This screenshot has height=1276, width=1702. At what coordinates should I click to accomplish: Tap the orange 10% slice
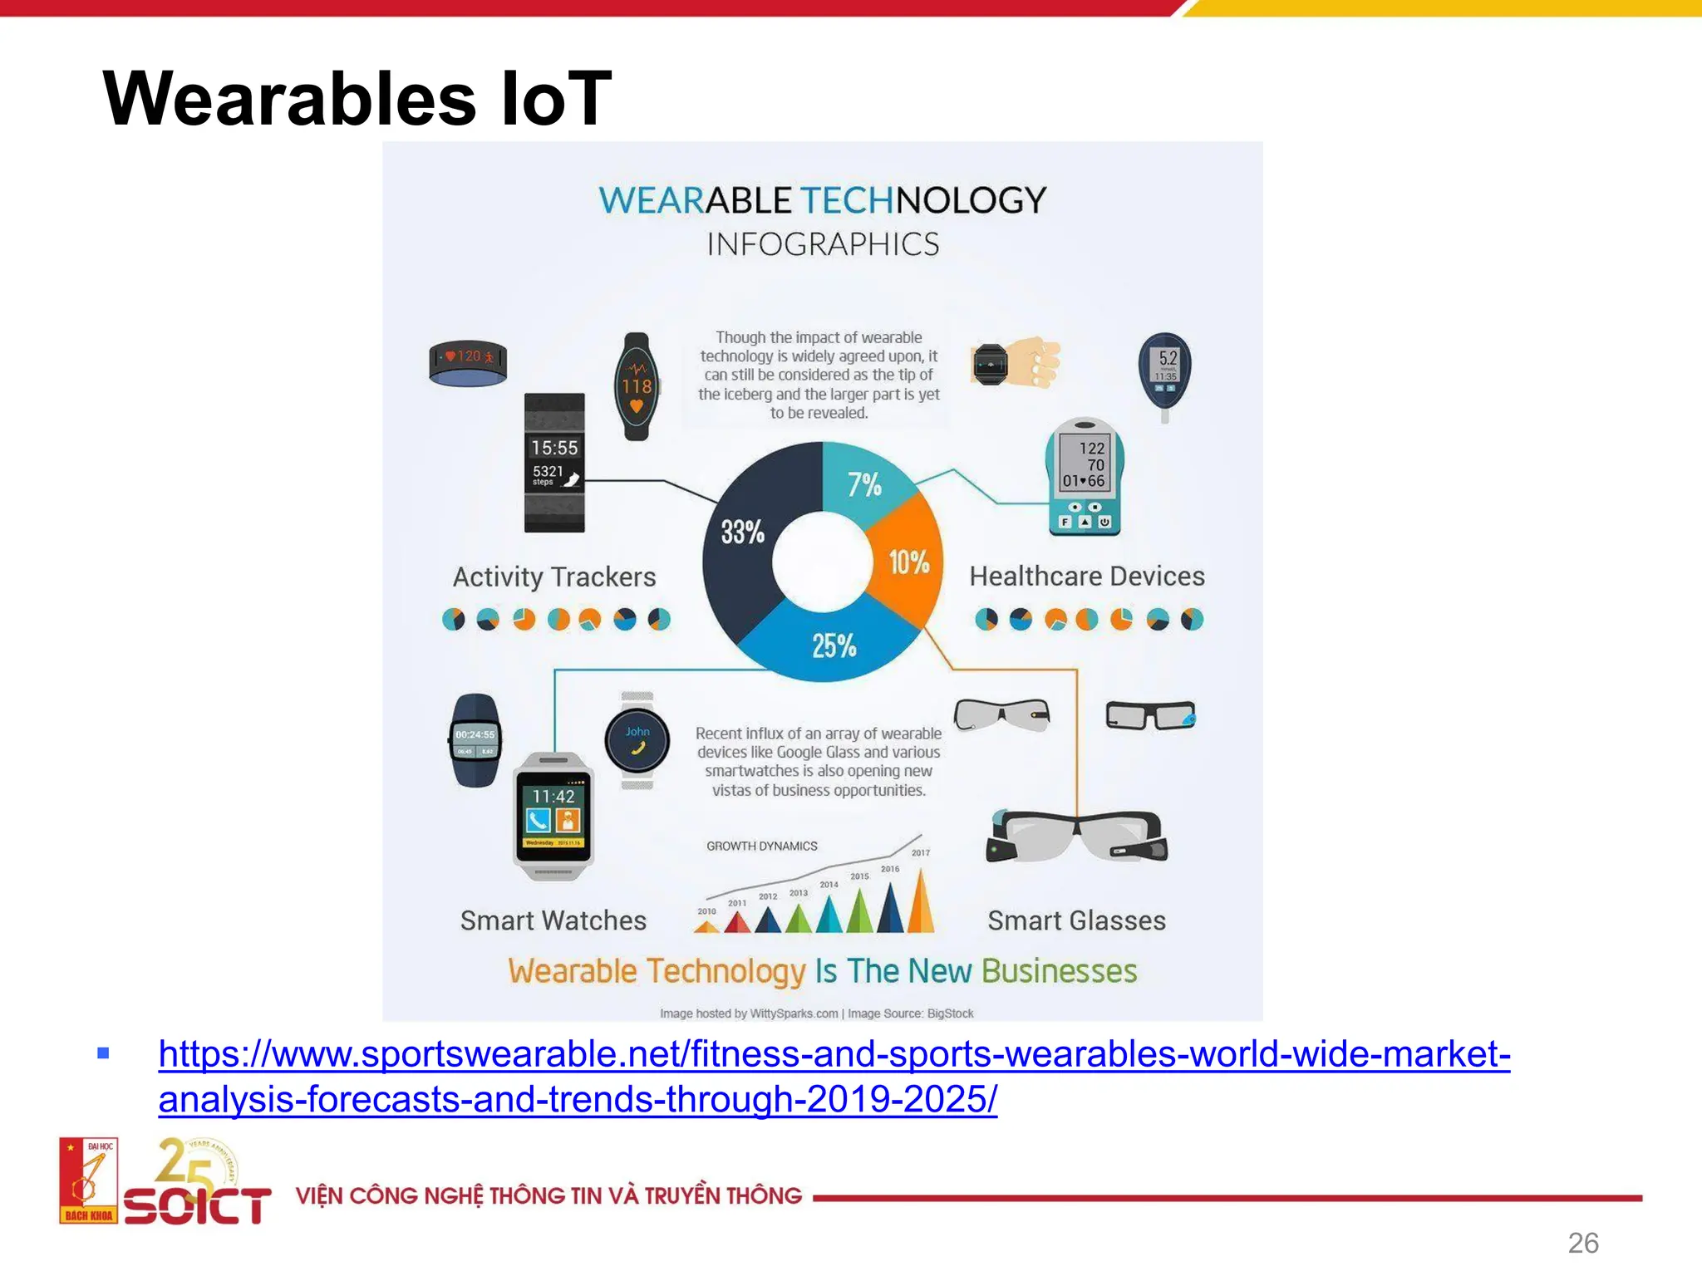pos(908,562)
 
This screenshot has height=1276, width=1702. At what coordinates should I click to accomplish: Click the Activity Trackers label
pos(554,577)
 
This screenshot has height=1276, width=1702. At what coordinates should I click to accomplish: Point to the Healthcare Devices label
pos(1086,576)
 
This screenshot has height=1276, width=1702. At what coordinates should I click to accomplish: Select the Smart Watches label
pos(553,920)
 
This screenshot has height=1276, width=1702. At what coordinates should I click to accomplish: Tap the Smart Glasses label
pos(1076,920)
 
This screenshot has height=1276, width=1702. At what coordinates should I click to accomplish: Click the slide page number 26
pos(1582,1243)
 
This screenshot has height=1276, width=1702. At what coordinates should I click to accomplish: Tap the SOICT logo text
pos(198,1205)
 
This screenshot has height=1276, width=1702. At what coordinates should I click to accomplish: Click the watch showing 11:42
pos(553,814)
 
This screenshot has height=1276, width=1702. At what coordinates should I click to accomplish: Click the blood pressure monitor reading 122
pos(1084,476)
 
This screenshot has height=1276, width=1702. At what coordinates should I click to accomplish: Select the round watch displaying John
pos(637,739)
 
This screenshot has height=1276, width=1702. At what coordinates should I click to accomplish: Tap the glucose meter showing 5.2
pos(1164,371)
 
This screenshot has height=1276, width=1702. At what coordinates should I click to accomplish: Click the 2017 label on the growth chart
pos(920,853)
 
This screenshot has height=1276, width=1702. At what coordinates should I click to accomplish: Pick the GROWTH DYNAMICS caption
pos(761,846)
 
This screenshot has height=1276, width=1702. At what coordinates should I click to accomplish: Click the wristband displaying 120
pos(468,362)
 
